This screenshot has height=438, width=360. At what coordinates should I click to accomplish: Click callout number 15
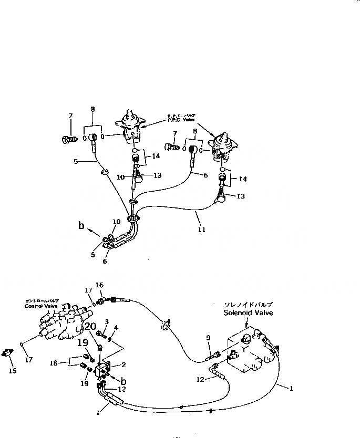coord(13,371)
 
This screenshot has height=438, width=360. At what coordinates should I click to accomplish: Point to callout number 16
coord(99,285)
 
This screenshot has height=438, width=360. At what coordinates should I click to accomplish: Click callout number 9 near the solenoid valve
coord(208,338)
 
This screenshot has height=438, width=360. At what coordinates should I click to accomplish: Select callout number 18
coord(54,362)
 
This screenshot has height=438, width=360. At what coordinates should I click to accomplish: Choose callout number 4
coord(116,328)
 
